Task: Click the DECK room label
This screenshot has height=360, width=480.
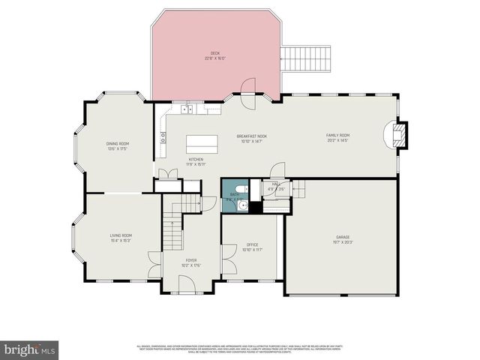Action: click(x=215, y=55)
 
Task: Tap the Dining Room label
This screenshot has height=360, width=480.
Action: click(x=118, y=145)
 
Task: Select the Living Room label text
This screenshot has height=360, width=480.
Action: click(x=121, y=238)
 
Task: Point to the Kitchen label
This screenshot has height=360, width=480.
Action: click(x=196, y=162)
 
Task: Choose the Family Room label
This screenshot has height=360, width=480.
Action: click(x=338, y=138)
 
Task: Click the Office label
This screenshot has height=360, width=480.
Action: click(x=253, y=247)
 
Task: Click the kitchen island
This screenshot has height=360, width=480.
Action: click(x=202, y=141)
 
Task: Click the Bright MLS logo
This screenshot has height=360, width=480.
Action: click(x=29, y=349)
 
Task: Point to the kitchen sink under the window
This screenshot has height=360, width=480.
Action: click(x=187, y=110)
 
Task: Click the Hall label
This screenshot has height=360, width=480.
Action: click(x=275, y=188)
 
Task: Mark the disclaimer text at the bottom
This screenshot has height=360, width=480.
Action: click(x=239, y=349)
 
